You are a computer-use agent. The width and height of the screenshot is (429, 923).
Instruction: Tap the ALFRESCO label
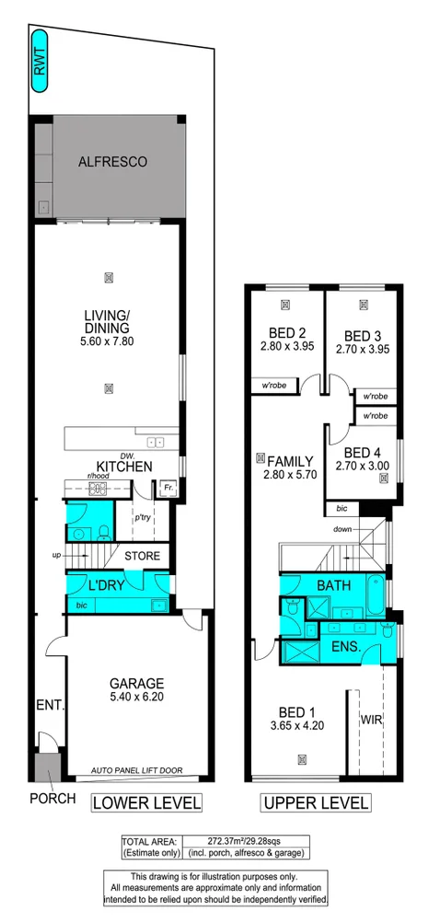pos(112,162)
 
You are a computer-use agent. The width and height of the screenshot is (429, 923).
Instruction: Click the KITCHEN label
pos(123,467)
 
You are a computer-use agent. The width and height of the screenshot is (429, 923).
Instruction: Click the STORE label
pos(143,556)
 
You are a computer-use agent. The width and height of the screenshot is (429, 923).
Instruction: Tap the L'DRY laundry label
pos(106,585)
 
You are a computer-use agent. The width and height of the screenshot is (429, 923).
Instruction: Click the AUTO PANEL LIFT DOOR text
pos(138,769)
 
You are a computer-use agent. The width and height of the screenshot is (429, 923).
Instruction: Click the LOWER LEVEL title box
pos(146,803)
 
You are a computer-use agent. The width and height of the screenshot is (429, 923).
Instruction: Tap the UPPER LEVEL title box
pos(316,803)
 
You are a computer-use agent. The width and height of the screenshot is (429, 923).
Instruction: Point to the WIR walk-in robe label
pos(373,718)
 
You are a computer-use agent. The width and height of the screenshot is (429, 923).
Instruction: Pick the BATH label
pos(332,585)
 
